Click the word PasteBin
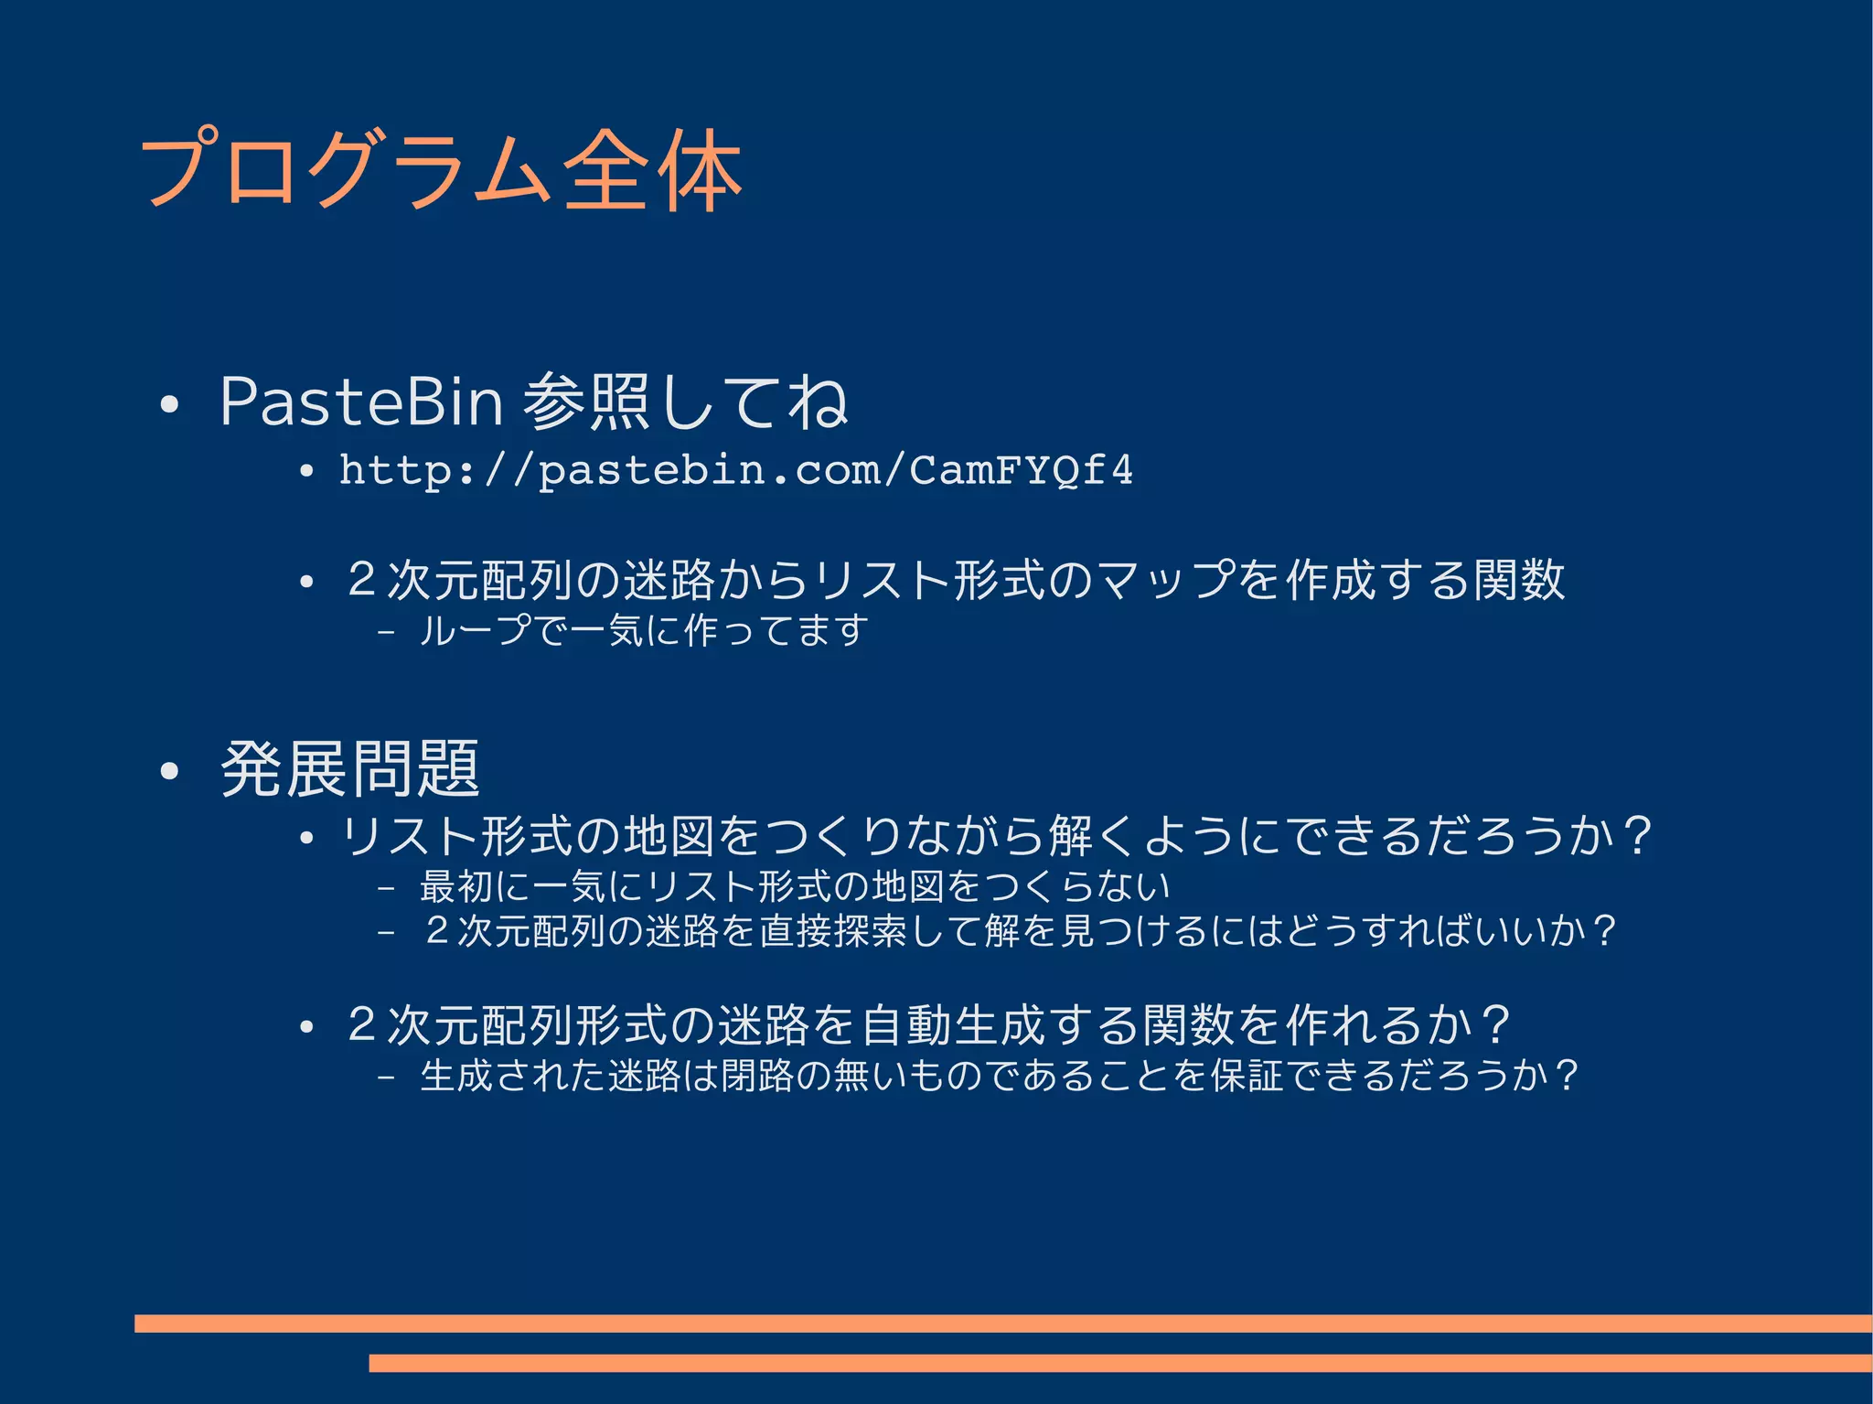pos(361,402)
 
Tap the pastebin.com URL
pos(735,470)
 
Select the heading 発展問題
pos(350,768)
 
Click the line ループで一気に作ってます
pos(643,630)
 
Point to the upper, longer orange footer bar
pos(1002,1323)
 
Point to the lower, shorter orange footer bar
pos(1119,1363)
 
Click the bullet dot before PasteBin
pos(168,404)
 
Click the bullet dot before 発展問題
pos(168,771)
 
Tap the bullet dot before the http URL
pos(307,472)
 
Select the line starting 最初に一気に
pos(795,885)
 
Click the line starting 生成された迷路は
pos(999,1075)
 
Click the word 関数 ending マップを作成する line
pos(1520,580)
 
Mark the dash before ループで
pos(386,630)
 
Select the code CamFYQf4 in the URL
pos(1021,470)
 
